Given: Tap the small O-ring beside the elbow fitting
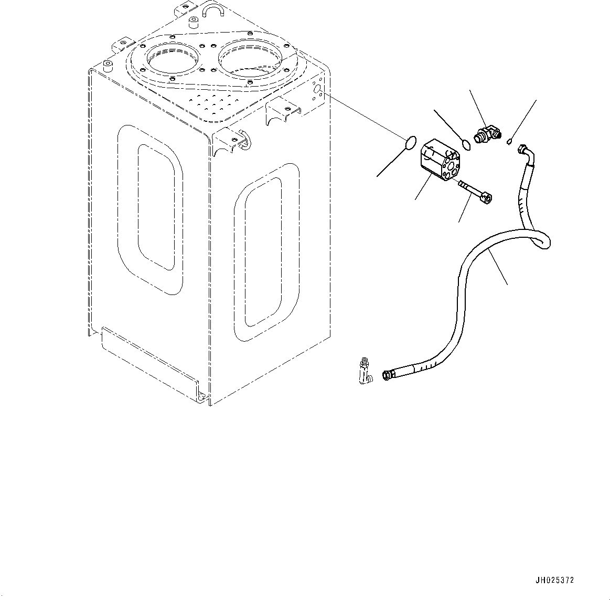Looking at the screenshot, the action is tap(466, 144).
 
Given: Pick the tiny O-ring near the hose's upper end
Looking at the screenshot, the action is tap(510, 140).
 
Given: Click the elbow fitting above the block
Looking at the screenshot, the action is tap(487, 134).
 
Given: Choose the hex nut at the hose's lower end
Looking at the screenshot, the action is tap(387, 375).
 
